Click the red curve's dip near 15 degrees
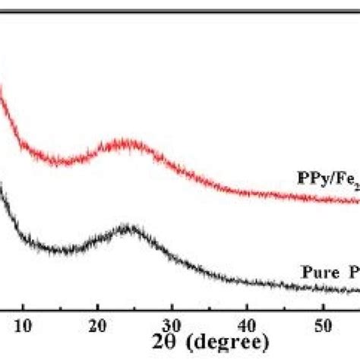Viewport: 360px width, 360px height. (61, 160)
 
